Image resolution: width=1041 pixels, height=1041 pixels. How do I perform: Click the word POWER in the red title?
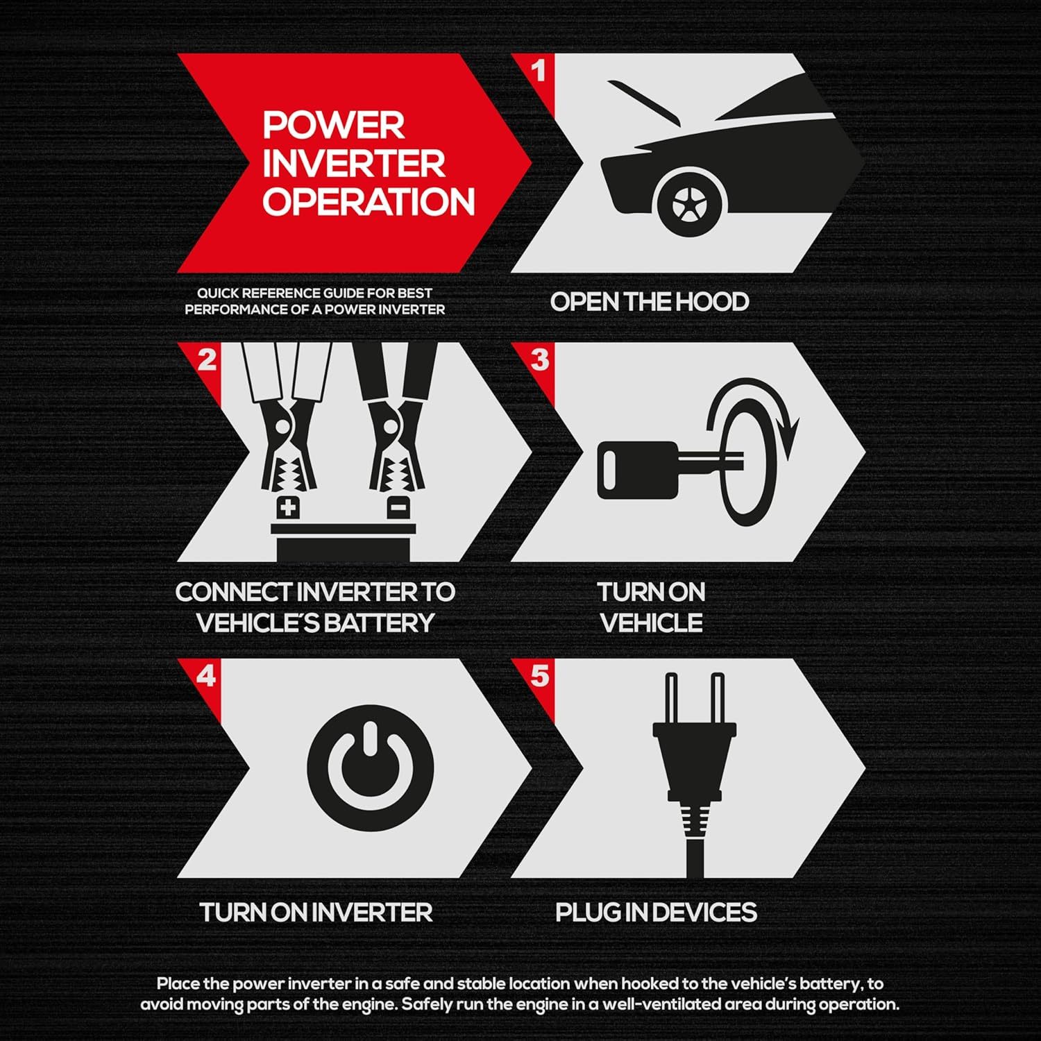[333, 125]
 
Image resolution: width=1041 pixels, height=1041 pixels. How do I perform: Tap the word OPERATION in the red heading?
[369, 201]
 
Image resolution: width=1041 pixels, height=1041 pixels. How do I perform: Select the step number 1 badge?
[539, 71]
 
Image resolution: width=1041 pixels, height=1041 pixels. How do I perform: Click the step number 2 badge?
[207, 360]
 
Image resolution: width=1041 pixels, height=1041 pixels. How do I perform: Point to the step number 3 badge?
[540, 359]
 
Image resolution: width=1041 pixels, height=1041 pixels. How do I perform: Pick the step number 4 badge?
[206, 676]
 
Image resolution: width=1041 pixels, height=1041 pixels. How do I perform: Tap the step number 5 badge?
[540, 676]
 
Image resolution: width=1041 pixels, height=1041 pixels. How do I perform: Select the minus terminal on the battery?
[396, 507]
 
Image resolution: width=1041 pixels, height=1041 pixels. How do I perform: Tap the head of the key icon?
[637, 470]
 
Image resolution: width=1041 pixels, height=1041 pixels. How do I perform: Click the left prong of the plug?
[670, 697]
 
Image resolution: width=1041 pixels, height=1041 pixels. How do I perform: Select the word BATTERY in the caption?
[379, 623]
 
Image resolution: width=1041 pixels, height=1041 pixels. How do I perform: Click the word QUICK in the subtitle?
[218, 294]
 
